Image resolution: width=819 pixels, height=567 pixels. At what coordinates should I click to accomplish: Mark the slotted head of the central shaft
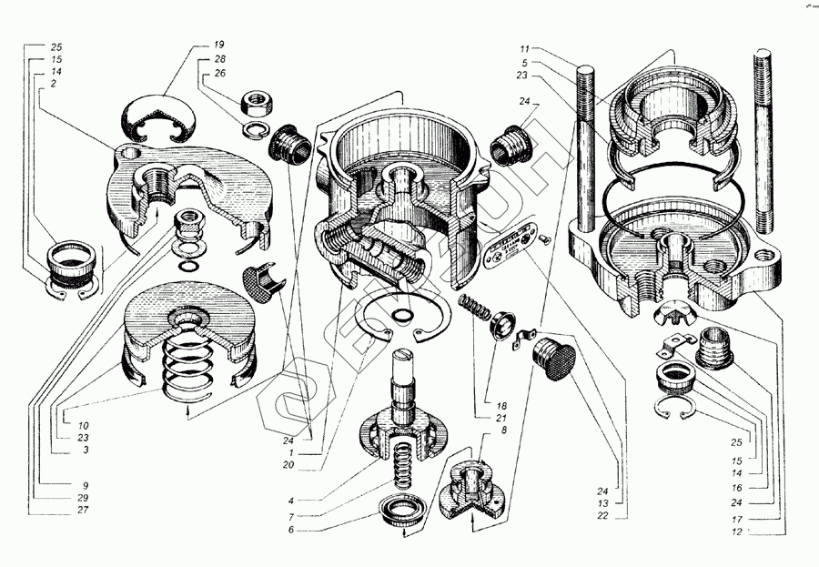pos(404,357)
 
